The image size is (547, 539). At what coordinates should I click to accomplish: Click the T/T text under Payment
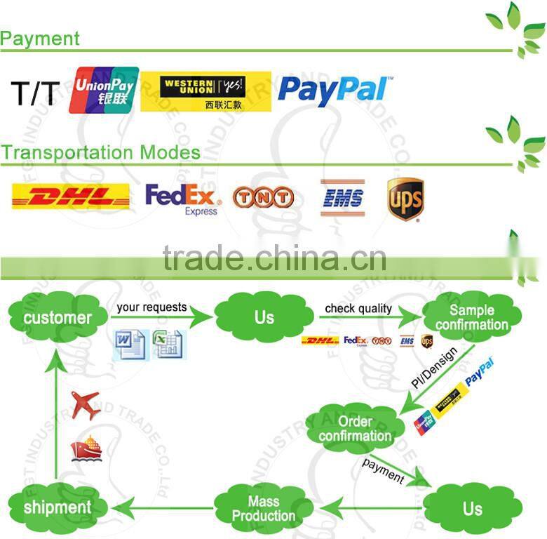point(33,93)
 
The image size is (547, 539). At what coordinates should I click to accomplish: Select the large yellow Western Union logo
point(205,91)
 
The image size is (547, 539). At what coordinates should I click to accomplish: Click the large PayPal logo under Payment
point(333,91)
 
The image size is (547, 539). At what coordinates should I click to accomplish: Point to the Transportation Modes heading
point(100,152)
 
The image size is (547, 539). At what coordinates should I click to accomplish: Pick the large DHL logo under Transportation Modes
point(71,197)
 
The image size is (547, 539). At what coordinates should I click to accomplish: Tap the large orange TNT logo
point(263,197)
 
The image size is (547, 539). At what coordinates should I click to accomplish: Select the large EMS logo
point(343,197)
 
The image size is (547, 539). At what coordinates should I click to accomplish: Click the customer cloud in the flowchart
point(58,318)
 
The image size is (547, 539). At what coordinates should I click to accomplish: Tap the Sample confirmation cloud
point(471,317)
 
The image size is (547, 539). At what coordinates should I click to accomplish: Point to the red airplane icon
point(86,405)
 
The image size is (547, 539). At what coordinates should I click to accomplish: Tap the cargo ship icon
point(86,449)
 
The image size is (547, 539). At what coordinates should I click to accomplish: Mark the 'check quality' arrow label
point(358,309)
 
